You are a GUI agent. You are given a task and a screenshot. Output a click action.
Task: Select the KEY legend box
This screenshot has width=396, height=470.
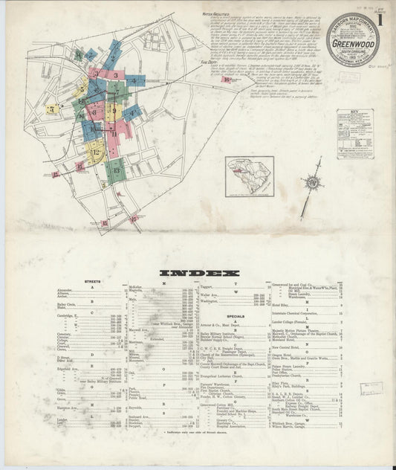[354, 133]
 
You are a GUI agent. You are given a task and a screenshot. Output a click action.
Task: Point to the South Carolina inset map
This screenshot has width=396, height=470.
[250, 176]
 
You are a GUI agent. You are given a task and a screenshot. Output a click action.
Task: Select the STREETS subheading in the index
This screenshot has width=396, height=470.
[92, 283]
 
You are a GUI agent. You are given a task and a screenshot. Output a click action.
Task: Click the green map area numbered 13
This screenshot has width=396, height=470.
[115, 171]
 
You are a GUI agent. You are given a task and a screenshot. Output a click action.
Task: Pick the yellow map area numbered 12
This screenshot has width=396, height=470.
[97, 152]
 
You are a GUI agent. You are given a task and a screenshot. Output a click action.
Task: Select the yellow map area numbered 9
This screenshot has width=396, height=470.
[111, 112]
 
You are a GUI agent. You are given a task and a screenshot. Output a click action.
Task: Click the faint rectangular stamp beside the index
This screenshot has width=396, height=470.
[371, 388]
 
